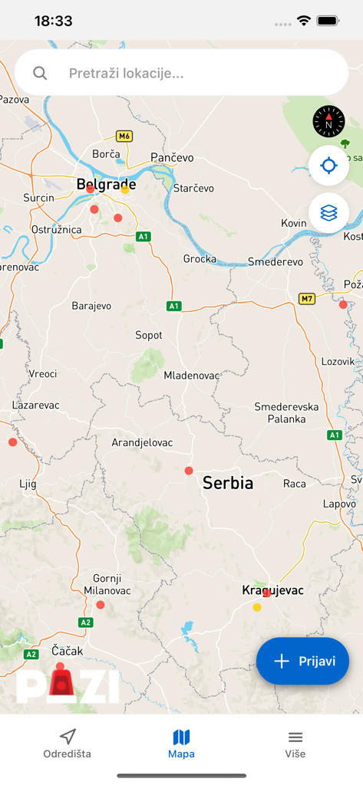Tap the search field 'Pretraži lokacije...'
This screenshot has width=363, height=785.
(181, 74)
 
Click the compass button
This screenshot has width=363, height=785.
(328, 121)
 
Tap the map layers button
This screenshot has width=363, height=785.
(328, 212)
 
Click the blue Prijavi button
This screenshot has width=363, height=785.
(302, 661)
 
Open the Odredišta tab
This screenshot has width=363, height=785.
(67, 744)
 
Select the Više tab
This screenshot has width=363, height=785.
(295, 744)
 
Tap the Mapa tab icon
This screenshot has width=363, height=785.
(181, 737)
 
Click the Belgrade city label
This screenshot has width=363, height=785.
(106, 184)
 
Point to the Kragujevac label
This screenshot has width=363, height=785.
(273, 590)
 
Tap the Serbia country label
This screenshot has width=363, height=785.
(228, 483)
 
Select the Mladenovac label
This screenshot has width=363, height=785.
(192, 376)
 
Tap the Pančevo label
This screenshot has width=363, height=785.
(172, 157)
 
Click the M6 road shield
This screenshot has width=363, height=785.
(124, 136)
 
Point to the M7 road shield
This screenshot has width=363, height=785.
(307, 298)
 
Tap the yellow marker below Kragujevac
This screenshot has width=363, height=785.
(257, 608)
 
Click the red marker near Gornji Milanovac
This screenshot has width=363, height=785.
(101, 605)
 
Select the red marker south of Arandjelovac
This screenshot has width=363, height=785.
(189, 471)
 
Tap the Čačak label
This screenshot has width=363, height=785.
(67, 650)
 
